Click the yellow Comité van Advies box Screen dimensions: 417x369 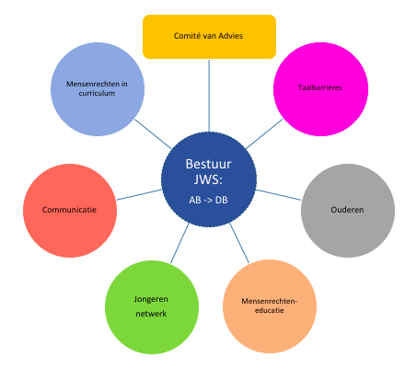[x=209, y=37]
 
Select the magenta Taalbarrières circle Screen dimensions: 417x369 [x=320, y=89]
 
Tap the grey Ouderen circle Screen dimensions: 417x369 [x=348, y=211]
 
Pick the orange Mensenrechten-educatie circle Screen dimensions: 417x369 [x=270, y=306]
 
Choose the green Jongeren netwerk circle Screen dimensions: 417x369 [x=152, y=307]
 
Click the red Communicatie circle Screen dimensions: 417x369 [x=70, y=211]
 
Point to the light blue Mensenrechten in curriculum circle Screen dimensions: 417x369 [x=98, y=89]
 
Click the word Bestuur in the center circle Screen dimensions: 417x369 [x=208, y=164]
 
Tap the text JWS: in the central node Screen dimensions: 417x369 [x=208, y=179]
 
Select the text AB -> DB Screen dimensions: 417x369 [x=208, y=201]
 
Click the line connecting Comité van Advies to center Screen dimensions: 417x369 [x=209, y=96]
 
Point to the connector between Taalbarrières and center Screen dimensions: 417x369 [x=264, y=133]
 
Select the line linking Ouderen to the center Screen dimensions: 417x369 [x=279, y=195]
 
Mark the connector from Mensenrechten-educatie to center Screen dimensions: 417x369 [x=239, y=243]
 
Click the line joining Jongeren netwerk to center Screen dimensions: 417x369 [x=180, y=243]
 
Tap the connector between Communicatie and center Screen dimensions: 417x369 [x=139, y=195]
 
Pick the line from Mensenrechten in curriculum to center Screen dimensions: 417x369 [x=153, y=134]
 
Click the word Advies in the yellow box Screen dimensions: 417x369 [x=230, y=36]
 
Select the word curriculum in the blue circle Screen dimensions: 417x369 [x=97, y=93]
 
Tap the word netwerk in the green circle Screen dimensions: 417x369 [x=151, y=314]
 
